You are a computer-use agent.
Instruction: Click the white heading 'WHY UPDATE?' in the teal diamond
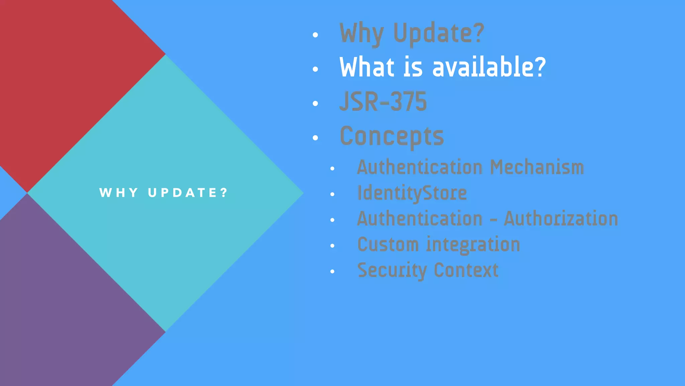point(164,193)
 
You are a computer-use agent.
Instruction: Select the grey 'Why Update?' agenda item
point(412,34)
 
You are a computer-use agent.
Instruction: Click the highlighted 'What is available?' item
point(443,67)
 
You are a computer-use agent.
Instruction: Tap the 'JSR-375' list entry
point(383,102)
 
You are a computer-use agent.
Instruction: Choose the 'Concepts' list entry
point(392,136)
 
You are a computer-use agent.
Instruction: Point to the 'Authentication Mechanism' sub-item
point(470,167)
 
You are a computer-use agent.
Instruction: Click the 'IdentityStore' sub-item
point(412,193)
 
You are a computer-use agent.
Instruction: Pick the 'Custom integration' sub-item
point(438,244)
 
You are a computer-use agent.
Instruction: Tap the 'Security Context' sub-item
point(428,270)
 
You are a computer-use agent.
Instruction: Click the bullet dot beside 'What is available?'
point(315,69)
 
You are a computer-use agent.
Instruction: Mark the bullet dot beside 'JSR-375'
point(315,104)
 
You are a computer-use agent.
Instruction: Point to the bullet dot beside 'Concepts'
point(315,138)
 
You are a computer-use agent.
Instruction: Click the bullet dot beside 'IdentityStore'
point(332,194)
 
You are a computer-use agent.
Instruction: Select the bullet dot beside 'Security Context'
point(332,271)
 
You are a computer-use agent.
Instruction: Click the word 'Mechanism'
point(537,167)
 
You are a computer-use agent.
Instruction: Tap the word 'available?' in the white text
point(489,67)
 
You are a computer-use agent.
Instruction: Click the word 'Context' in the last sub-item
point(466,270)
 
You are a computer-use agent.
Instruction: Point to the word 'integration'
point(473,244)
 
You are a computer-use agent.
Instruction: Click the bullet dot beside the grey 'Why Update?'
point(315,35)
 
